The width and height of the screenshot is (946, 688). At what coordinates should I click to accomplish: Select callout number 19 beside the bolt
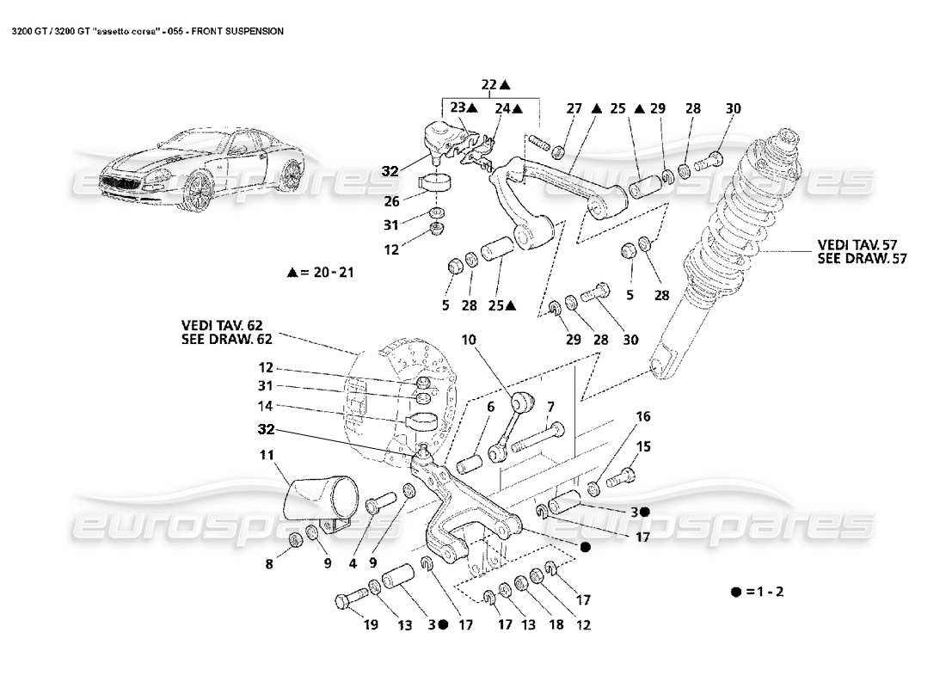[370, 625]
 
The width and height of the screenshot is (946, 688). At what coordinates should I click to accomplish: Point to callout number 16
[642, 417]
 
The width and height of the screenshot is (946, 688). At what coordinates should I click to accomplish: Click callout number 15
[642, 446]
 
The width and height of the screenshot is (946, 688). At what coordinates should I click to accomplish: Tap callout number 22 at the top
[489, 84]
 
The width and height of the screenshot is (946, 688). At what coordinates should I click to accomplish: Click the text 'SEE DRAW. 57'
[863, 258]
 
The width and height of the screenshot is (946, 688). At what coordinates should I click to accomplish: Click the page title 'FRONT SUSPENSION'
[238, 30]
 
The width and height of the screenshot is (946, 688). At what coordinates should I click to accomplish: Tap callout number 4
[353, 565]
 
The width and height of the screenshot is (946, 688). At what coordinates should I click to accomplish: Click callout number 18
[556, 625]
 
